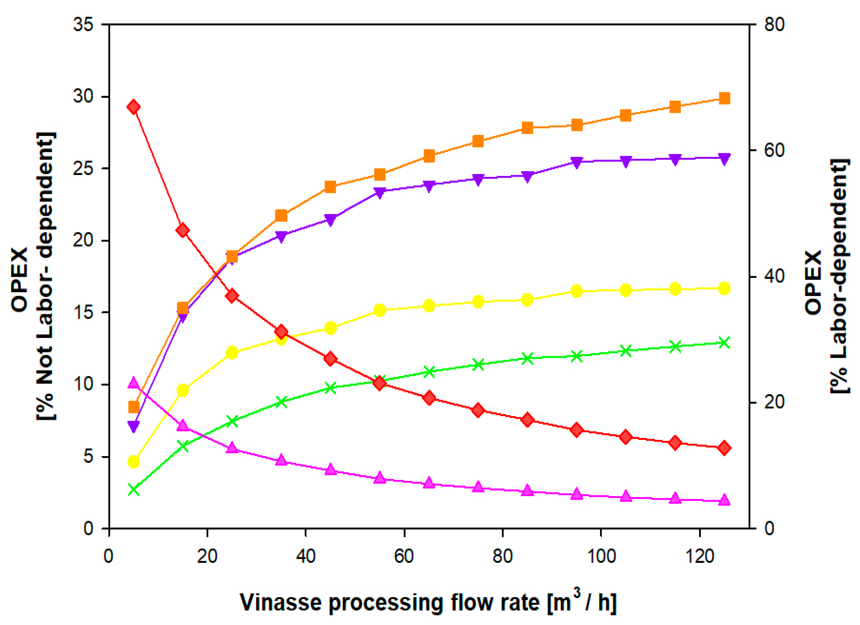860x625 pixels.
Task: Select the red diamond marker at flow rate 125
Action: [x=724, y=448]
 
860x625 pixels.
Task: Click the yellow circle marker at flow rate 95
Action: [x=577, y=291]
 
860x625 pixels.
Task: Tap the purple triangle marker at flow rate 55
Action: [x=379, y=192]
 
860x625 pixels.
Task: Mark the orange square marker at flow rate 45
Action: [x=330, y=187]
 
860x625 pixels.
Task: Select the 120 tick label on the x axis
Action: [x=700, y=556]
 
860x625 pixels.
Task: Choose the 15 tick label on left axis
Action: [x=83, y=313]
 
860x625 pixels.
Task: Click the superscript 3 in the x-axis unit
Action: [x=576, y=593]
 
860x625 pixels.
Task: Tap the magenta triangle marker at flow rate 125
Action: [x=724, y=500]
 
